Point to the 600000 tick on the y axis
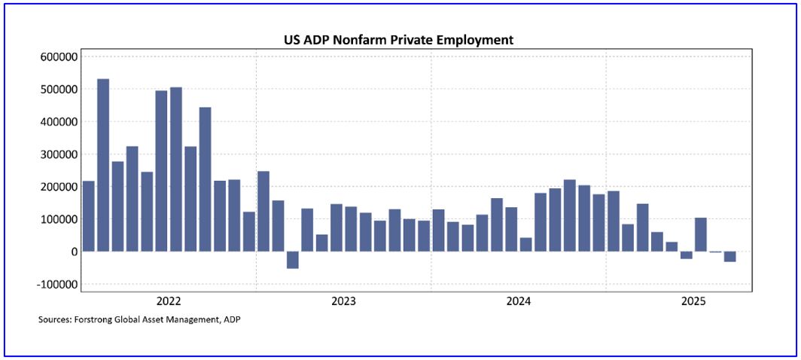pos(58,56)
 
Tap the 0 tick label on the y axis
pos(73,252)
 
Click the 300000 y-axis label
pos(58,154)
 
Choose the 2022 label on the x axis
pos(169,301)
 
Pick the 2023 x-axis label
pos(343,301)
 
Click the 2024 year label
pos(518,301)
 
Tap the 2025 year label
pos(693,301)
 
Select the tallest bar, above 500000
pos(103,165)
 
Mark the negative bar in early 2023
pos(293,260)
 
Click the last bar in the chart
pos(729,257)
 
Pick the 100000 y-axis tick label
pos(58,219)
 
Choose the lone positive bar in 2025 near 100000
pos(700,234)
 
